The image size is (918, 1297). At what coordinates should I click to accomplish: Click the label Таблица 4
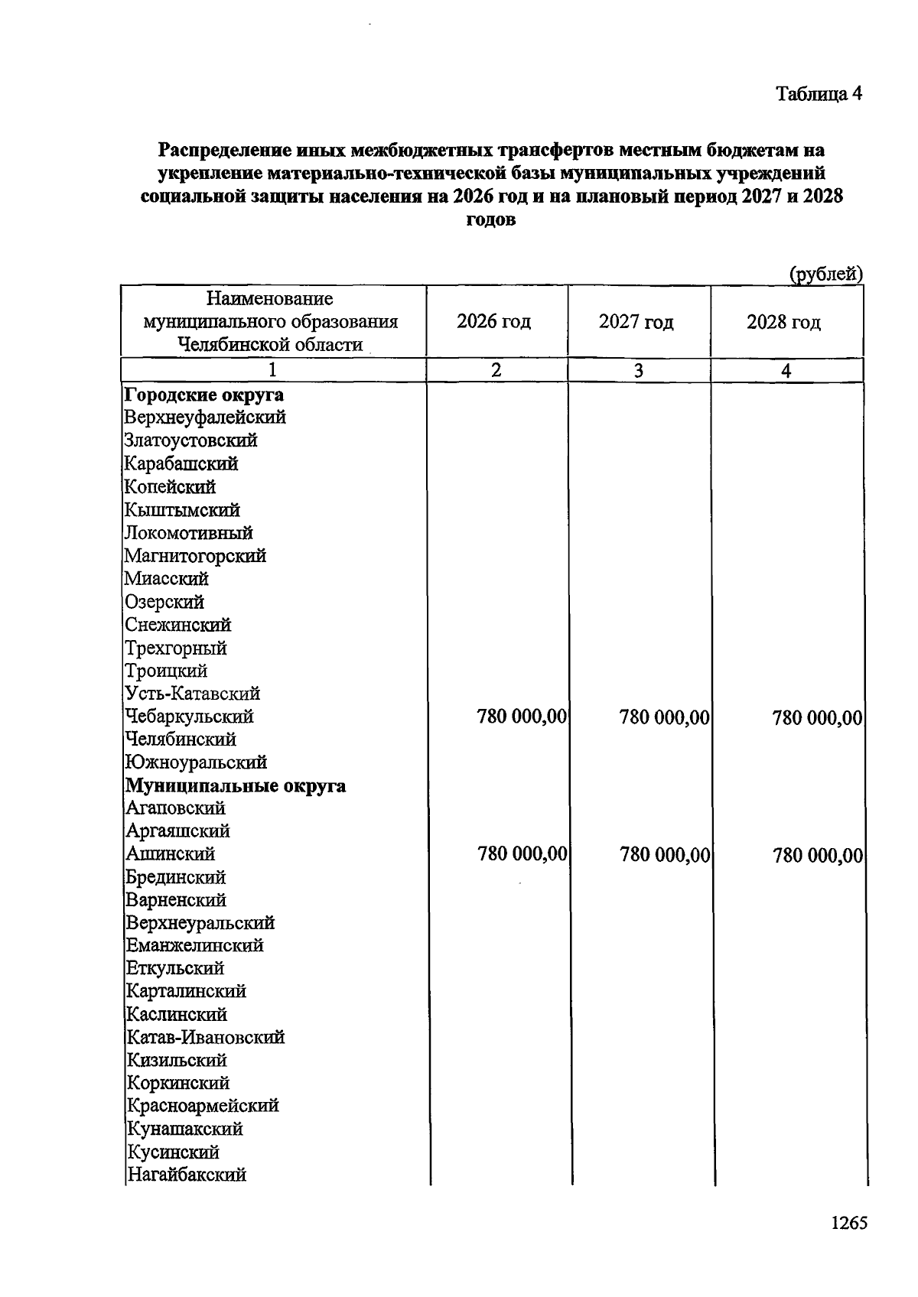[819, 94]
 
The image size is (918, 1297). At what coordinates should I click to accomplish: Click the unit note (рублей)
[825, 275]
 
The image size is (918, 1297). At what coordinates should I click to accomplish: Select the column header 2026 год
[493, 321]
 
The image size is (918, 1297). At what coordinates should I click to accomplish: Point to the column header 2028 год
[783, 322]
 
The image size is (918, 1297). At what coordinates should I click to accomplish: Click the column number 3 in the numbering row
[638, 371]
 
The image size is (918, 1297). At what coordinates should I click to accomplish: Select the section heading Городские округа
[204, 395]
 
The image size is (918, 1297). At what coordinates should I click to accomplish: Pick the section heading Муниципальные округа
[236, 786]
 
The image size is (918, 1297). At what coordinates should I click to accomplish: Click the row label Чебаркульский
[189, 717]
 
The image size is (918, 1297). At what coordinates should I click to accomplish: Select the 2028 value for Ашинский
[818, 855]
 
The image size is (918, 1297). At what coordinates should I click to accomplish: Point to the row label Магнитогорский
[196, 556]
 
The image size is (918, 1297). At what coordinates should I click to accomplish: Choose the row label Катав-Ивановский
[205, 1038]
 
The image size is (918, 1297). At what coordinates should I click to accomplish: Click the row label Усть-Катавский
[193, 694]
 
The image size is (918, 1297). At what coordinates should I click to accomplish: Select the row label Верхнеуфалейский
[205, 418]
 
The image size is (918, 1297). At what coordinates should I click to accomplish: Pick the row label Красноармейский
[203, 1106]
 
